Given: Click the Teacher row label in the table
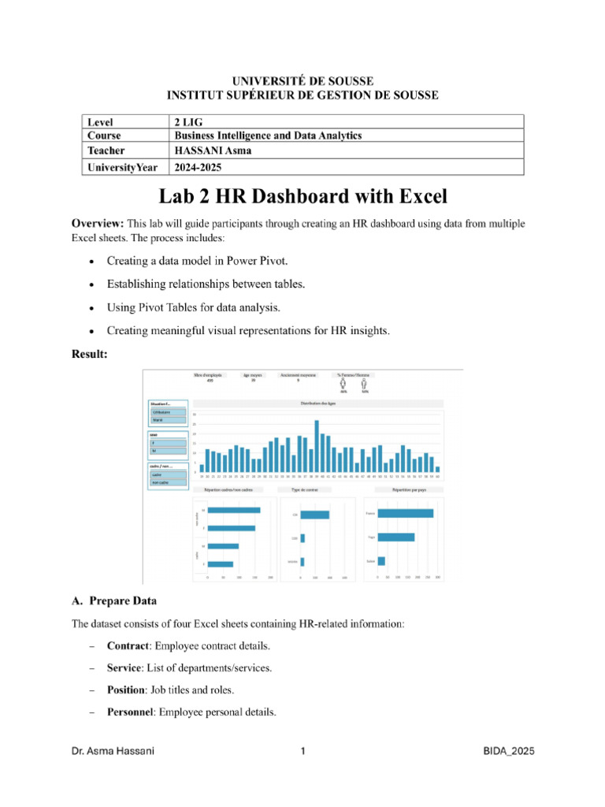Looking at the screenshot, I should pyautogui.click(x=107, y=150).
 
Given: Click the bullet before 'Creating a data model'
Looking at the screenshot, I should pyautogui.click(x=92, y=261).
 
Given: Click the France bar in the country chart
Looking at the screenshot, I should pyautogui.click(x=405, y=514).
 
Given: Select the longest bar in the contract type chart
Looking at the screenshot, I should pyautogui.click(x=315, y=515).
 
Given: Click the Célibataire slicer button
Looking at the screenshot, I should pyautogui.click(x=169, y=412).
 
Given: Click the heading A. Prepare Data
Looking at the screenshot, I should pyautogui.click(x=114, y=601).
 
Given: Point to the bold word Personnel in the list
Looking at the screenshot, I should pyautogui.click(x=130, y=712).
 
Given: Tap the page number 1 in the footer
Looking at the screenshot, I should pyautogui.click(x=302, y=752).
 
